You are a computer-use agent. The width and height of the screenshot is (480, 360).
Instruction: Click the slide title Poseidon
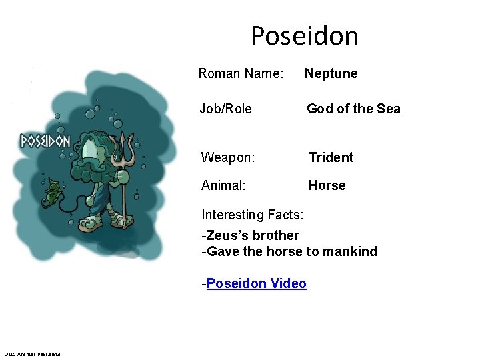[304, 35]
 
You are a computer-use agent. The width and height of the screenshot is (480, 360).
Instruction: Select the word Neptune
[331, 73]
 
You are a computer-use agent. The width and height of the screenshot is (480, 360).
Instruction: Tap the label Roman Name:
[241, 73]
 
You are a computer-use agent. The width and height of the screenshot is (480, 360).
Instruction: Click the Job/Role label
[225, 109]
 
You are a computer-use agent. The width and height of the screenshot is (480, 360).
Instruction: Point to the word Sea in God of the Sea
[388, 109]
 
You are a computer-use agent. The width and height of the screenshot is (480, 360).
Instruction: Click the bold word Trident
[331, 157]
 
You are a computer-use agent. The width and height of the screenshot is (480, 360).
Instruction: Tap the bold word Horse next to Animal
[327, 185]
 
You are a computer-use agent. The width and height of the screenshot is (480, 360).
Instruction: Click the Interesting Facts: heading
[253, 215]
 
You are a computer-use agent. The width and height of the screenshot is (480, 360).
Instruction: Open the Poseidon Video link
[257, 283]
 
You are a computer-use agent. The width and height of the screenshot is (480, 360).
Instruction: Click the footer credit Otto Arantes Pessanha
[32, 353]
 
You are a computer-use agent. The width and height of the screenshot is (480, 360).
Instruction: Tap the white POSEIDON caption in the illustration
[45, 141]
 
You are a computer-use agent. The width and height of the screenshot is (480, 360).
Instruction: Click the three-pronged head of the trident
[122, 144]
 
